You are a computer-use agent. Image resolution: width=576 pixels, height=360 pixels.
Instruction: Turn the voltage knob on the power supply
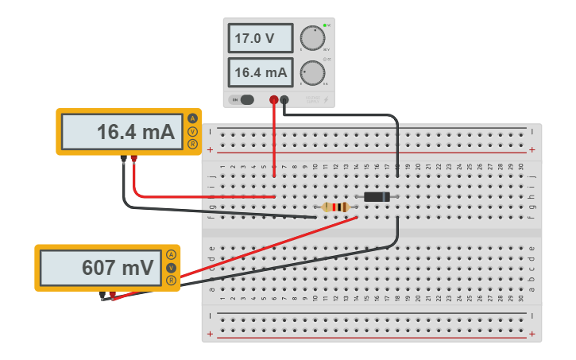click(312, 37)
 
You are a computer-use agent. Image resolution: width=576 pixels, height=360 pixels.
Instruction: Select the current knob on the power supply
click(312, 73)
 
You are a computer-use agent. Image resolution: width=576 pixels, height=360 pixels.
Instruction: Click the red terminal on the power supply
click(274, 99)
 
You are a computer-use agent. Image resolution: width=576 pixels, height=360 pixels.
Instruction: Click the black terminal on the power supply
click(284, 99)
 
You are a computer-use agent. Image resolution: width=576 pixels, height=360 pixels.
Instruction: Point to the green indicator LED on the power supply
click(325, 25)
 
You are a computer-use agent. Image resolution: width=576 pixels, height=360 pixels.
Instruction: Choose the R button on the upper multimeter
click(192, 144)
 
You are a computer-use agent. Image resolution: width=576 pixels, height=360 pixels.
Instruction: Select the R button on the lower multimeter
click(171, 281)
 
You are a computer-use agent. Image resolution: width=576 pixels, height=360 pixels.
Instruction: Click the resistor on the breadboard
click(336, 207)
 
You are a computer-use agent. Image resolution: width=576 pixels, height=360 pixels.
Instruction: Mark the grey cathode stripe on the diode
click(386, 197)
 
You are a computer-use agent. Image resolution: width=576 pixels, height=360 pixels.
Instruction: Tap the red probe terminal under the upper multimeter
click(133, 159)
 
